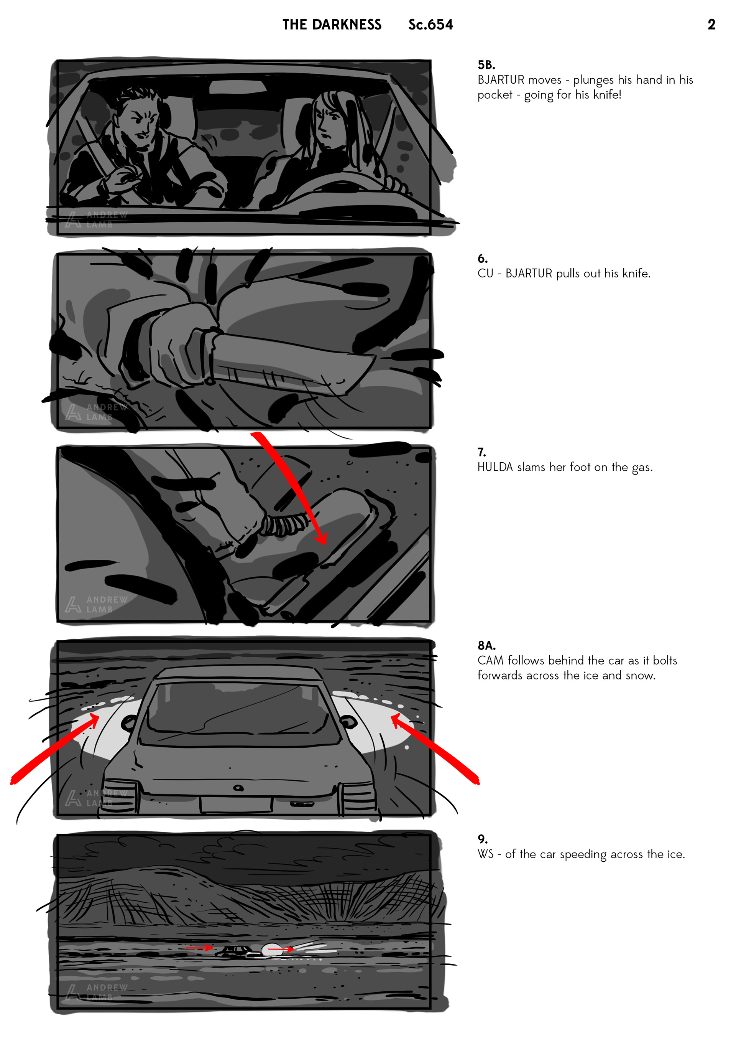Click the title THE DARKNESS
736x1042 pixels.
(332, 25)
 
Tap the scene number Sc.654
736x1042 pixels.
(430, 25)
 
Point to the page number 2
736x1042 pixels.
(711, 25)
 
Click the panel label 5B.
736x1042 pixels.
(486, 65)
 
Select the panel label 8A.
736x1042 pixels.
(486, 645)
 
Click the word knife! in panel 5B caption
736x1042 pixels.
(607, 94)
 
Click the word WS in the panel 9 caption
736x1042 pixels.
(485, 854)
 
